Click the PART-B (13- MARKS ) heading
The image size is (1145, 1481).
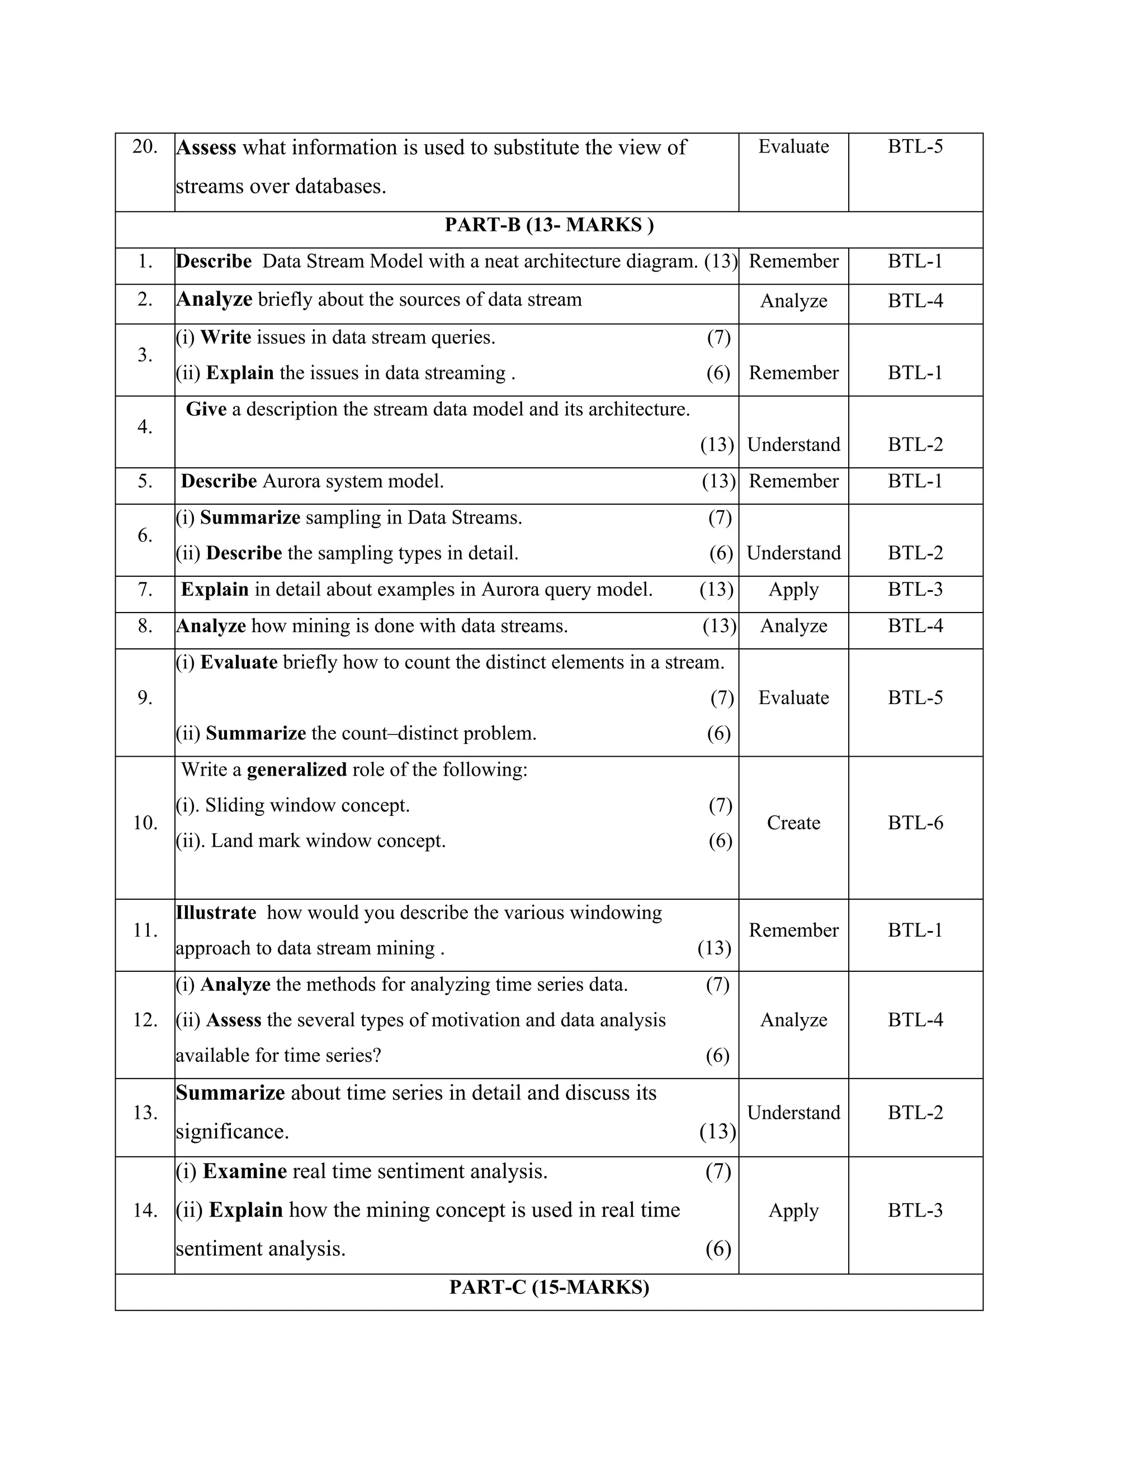click(x=549, y=225)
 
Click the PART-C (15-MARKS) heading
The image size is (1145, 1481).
click(x=549, y=1287)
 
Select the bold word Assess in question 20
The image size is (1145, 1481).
click(x=206, y=147)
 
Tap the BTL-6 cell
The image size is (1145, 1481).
click(x=915, y=823)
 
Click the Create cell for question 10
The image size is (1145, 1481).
click(x=793, y=823)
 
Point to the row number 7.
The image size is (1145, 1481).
click(x=144, y=589)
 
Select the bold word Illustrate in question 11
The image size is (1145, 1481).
click(x=216, y=913)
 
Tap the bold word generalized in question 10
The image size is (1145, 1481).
click(x=296, y=770)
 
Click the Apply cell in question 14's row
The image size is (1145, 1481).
click(x=793, y=1211)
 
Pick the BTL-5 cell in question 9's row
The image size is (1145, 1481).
click(x=915, y=698)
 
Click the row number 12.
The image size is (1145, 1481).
click(x=144, y=1020)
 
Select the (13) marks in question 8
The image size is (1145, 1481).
click(x=719, y=626)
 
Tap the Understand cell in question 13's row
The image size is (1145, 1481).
click(x=793, y=1113)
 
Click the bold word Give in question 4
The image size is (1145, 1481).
click(x=206, y=410)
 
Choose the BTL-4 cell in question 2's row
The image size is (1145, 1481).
click(x=915, y=301)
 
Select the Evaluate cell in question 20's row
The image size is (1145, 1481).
click(x=793, y=147)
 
